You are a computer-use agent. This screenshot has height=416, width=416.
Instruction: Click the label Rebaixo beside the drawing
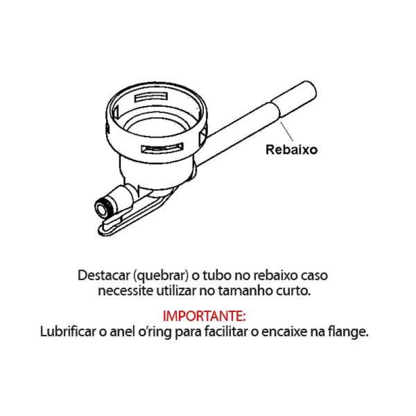click(x=291, y=150)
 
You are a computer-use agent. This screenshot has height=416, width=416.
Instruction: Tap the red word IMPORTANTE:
click(x=204, y=316)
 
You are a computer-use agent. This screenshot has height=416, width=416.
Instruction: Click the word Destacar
click(x=105, y=276)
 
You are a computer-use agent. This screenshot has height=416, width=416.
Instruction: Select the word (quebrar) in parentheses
click(x=161, y=276)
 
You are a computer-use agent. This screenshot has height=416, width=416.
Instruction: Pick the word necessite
click(x=125, y=291)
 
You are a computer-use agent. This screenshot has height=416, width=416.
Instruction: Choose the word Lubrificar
click(x=68, y=331)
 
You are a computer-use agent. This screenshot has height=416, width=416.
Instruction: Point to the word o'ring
click(x=154, y=332)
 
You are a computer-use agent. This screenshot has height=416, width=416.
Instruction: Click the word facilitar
click(x=227, y=331)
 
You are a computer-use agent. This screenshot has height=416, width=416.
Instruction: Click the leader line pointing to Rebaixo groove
click(x=287, y=132)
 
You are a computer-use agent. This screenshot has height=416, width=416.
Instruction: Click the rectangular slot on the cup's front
click(x=162, y=148)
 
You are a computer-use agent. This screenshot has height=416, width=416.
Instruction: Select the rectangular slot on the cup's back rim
click(x=151, y=97)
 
